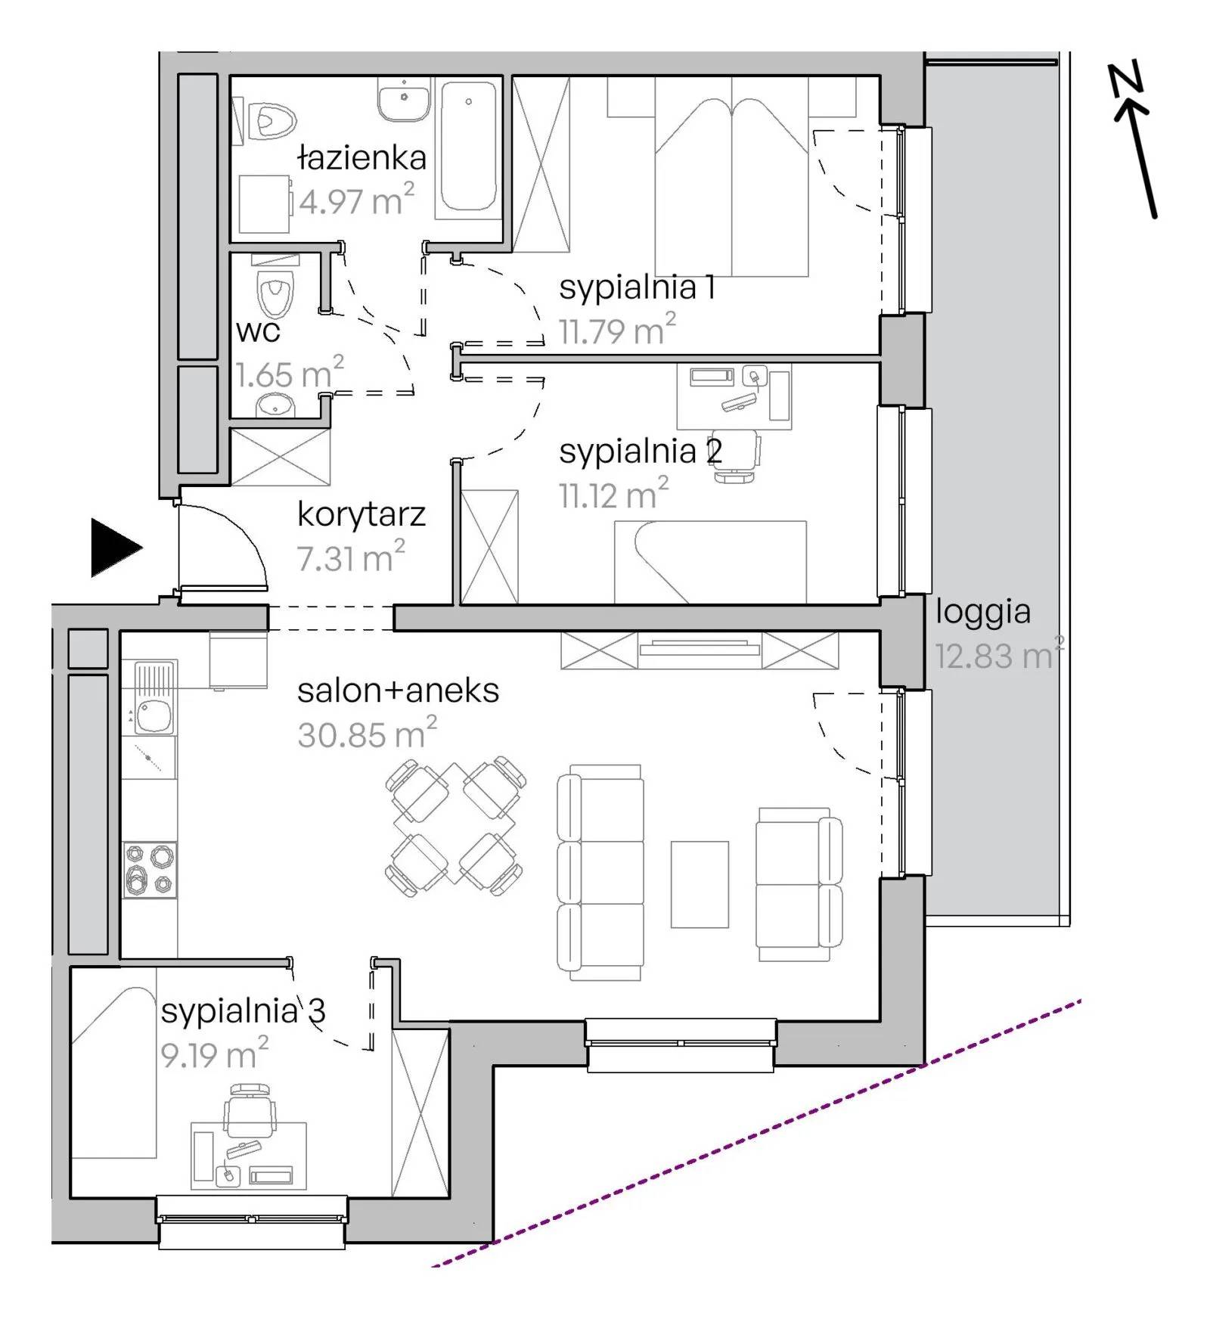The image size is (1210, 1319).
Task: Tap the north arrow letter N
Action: coord(1126,79)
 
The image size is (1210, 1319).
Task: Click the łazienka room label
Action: coord(362,157)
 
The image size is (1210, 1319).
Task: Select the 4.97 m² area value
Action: coord(356,200)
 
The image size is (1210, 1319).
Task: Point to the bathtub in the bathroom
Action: coord(469,146)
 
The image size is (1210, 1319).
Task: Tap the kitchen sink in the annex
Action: coord(154,715)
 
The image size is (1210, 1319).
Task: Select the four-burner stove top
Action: coord(150,870)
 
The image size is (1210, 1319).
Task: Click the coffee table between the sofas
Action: coord(700,884)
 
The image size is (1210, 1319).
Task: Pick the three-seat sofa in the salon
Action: coord(600,872)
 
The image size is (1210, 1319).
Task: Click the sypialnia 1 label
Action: coord(637,287)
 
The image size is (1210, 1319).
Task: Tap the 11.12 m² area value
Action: coord(613,494)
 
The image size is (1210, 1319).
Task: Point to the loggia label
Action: coord(982,612)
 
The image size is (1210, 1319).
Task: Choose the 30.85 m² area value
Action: coord(367,733)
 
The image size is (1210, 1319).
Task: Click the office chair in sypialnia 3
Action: coord(250,1110)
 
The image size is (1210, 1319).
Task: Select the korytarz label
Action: coord(361,514)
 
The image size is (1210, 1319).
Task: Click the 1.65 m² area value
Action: coord(290,373)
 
